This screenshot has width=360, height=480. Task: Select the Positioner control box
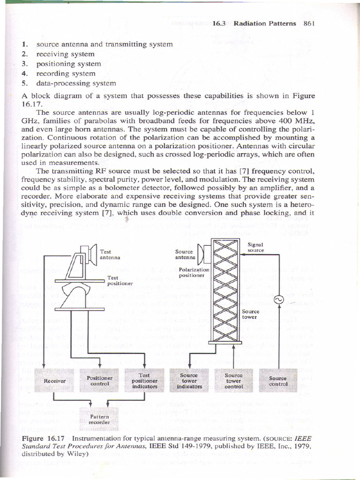click(x=99, y=380)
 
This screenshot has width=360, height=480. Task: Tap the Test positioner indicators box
click(x=144, y=381)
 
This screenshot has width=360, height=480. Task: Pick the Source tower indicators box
click(x=189, y=381)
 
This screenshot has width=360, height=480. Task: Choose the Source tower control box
click(x=233, y=381)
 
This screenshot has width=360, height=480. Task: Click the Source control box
click(x=278, y=381)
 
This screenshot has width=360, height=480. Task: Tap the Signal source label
click(x=255, y=247)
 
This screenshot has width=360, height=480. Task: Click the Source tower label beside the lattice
click(x=250, y=314)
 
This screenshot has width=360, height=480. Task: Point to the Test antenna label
click(x=110, y=255)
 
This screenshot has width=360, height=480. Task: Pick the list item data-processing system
click(x=75, y=83)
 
